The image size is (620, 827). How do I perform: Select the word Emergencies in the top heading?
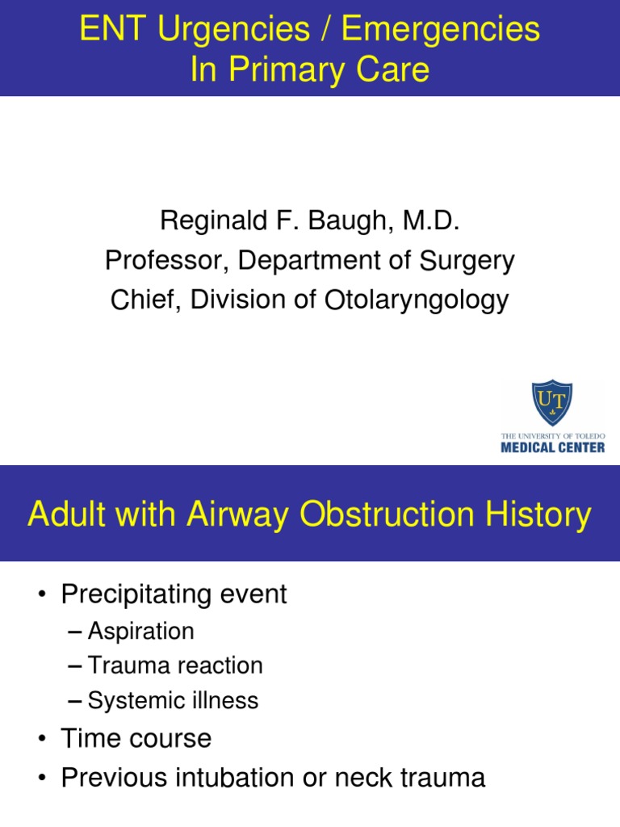click(x=440, y=30)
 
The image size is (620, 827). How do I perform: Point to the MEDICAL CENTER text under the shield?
click(x=552, y=447)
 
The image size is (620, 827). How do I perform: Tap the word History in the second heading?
click(x=538, y=514)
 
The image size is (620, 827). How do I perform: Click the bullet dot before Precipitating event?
click(x=41, y=595)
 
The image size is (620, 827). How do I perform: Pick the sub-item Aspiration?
click(x=141, y=631)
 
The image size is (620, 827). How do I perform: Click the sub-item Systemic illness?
click(x=173, y=700)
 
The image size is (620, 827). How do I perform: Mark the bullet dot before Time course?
click(x=41, y=739)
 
